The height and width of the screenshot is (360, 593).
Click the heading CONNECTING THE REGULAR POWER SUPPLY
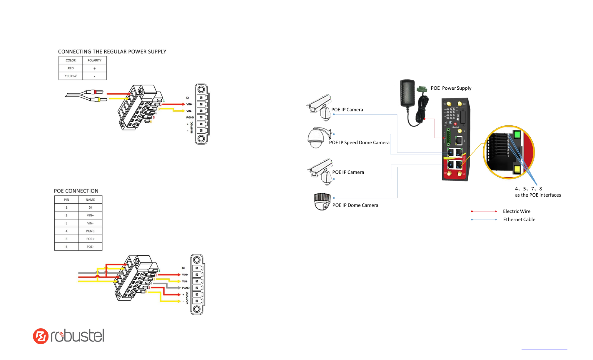(112, 52)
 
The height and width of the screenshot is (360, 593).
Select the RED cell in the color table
(71, 68)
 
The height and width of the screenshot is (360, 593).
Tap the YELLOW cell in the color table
(71, 76)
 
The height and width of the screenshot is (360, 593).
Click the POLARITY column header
(94, 60)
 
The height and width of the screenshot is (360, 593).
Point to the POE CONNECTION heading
(76, 191)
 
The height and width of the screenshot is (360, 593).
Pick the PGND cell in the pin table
(90, 231)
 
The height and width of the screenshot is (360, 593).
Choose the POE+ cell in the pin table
(90, 239)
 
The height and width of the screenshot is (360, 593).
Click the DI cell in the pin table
(90, 207)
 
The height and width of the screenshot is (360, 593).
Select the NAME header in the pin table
(90, 200)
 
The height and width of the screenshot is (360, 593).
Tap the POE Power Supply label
(451, 88)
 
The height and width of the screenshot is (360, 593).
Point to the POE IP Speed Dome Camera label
(359, 143)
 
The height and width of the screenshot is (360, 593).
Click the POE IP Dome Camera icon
(322, 202)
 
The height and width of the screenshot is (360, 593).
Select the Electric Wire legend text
(517, 211)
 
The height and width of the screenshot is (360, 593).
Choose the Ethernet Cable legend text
(519, 220)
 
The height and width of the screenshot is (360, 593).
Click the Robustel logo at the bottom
(69, 336)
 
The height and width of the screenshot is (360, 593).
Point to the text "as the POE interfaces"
(538, 195)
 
